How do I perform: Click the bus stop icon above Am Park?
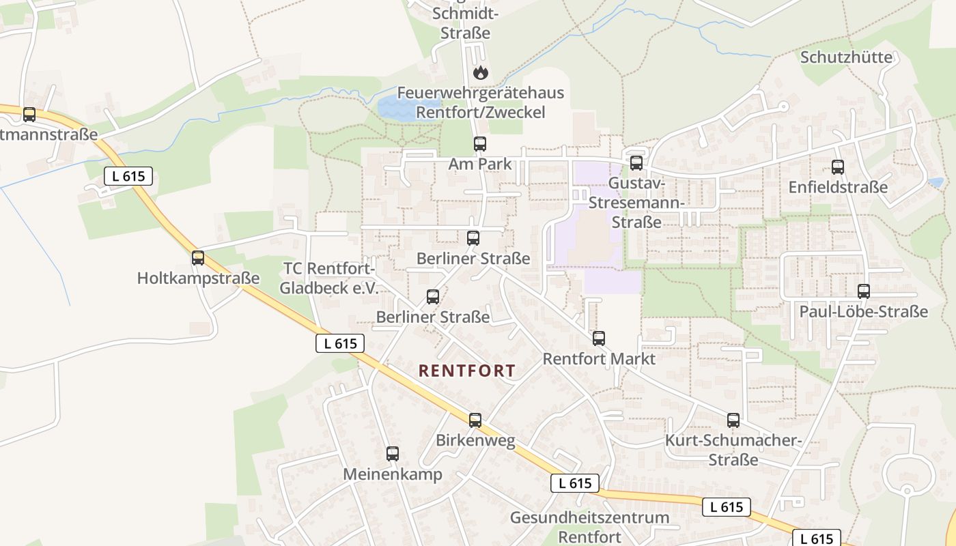[480, 144]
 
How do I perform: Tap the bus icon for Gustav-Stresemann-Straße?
[636, 163]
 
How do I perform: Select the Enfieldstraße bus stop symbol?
[838, 167]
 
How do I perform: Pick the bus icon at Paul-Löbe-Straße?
[864, 292]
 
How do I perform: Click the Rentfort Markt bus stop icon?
[599, 339]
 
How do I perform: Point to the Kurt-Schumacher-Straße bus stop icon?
[733, 420]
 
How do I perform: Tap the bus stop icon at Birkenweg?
[475, 420]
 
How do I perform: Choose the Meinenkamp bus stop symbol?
[393, 454]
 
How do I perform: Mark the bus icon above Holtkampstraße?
[198, 259]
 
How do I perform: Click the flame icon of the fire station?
[481, 72]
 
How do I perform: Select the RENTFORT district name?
[467, 371]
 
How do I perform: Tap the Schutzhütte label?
[846, 57]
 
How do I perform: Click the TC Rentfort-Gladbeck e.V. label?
[328, 278]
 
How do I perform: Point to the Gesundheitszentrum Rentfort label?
[589, 527]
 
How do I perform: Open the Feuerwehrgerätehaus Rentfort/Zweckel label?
[481, 102]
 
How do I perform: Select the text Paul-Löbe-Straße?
[864, 312]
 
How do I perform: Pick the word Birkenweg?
[476, 440]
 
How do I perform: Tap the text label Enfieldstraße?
[838, 187]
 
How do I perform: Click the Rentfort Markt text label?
[599, 358]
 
